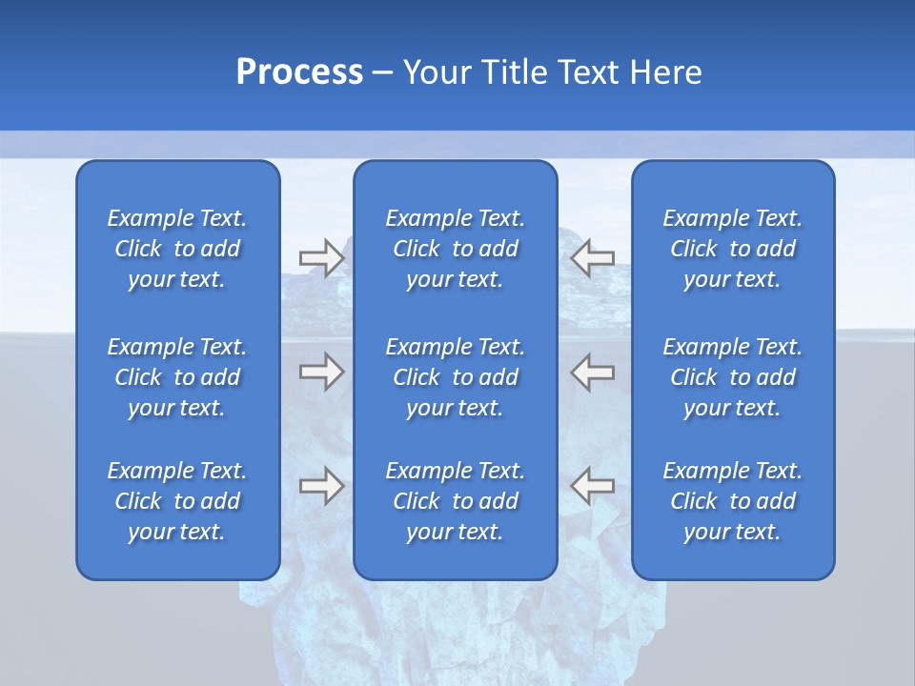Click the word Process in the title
click(x=299, y=72)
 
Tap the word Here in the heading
click(x=665, y=72)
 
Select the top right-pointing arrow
click(x=321, y=258)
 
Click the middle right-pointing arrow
click(x=321, y=372)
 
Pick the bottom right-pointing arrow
click(x=321, y=486)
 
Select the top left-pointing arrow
click(x=592, y=258)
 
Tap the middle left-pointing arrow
click(x=592, y=372)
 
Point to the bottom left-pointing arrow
click(x=592, y=486)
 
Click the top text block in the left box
click(x=177, y=249)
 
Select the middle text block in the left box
click(x=177, y=377)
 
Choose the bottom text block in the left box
click(x=177, y=501)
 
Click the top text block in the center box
click(x=455, y=249)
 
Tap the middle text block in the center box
click(x=455, y=377)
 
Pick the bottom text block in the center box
click(x=455, y=501)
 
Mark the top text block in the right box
click(x=733, y=249)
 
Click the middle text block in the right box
click(x=733, y=377)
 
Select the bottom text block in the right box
click(x=733, y=501)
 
